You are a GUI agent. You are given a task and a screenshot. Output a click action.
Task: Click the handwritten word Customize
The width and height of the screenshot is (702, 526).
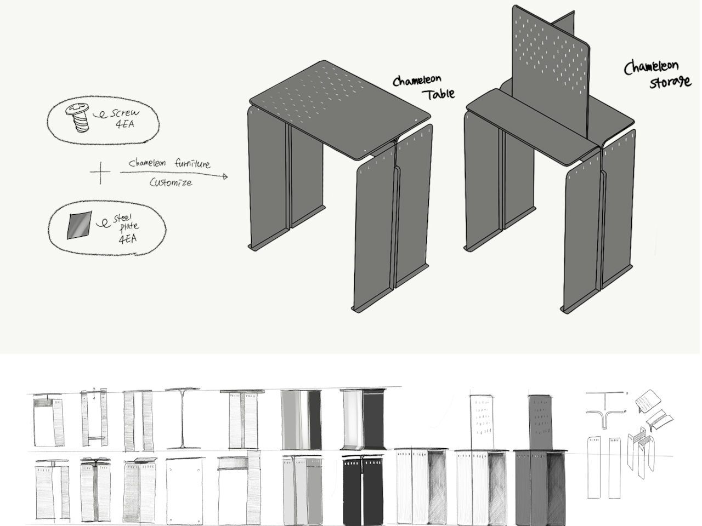171,182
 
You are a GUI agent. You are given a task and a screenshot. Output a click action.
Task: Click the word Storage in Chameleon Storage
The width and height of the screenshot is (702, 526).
670,83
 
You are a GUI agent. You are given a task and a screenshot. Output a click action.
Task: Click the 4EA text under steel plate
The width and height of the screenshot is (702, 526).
127,239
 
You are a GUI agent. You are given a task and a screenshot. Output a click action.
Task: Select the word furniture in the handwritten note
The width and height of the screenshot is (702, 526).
192,163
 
